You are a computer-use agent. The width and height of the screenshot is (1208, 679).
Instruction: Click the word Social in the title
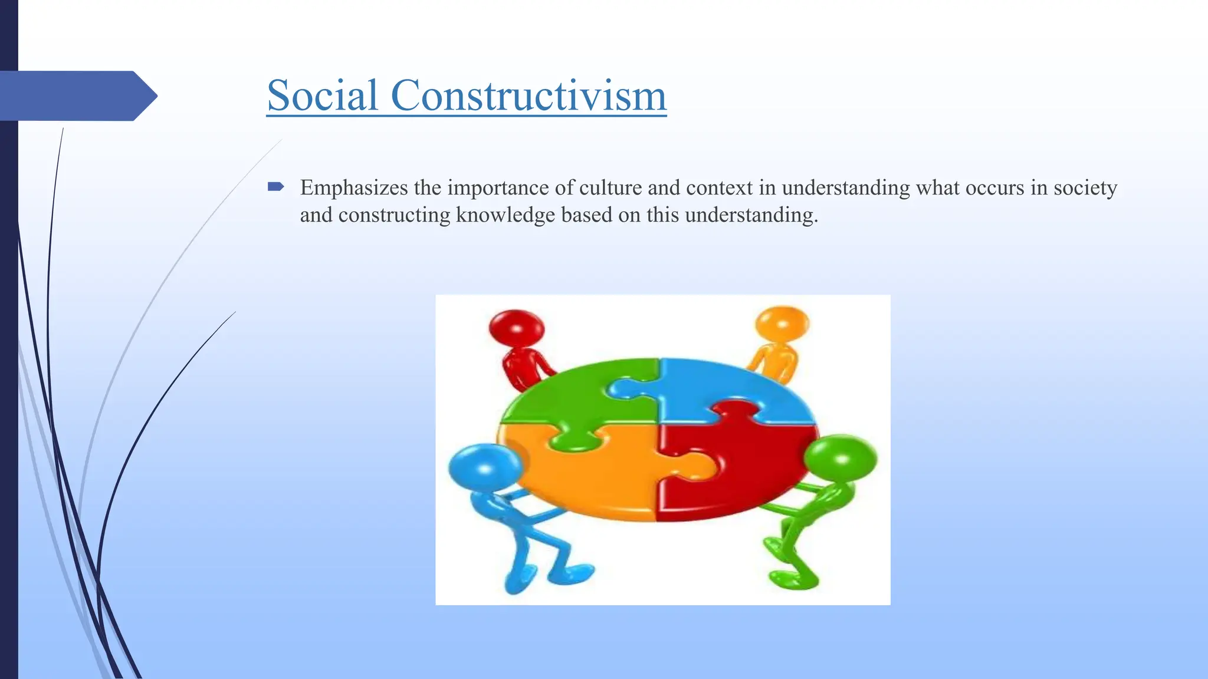tap(322, 95)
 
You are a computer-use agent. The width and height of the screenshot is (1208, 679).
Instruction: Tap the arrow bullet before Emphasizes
tap(275, 187)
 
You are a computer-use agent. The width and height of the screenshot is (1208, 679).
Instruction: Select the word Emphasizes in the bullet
tap(354, 188)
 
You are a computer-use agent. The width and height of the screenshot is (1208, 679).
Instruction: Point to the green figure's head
tap(841, 458)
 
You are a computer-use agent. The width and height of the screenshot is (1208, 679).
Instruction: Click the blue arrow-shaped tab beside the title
tap(77, 95)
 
